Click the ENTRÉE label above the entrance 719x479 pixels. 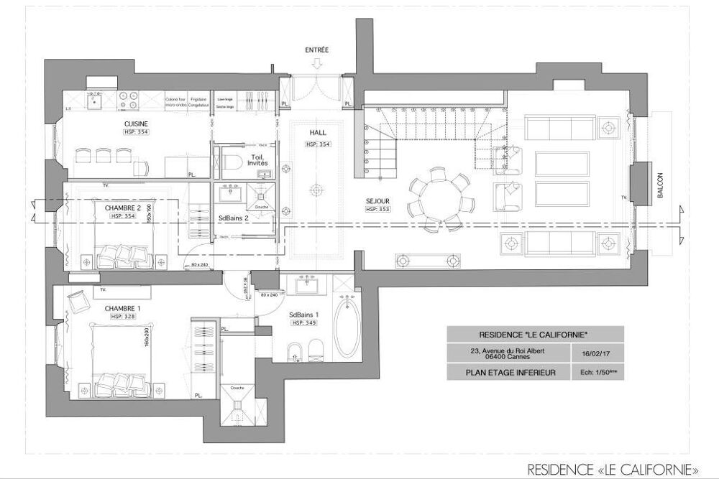(x=316, y=50)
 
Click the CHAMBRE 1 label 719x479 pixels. (x=124, y=308)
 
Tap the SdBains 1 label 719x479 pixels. (x=304, y=315)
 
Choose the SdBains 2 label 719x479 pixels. (x=234, y=219)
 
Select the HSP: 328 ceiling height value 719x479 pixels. (x=124, y=317)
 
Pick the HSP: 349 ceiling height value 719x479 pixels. (x=304, y=323)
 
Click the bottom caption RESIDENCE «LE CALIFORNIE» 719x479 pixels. (x=613, y=468)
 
